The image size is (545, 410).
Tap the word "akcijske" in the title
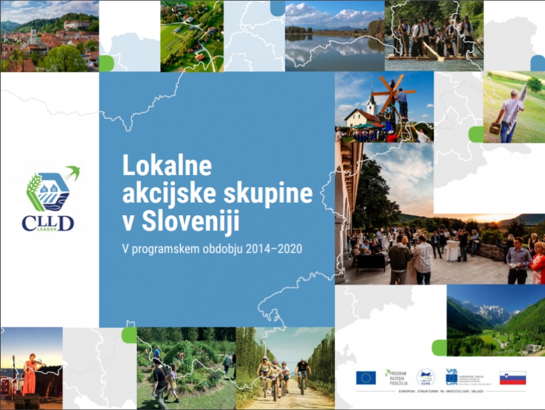[164, 194]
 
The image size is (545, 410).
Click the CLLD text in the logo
[48, 222]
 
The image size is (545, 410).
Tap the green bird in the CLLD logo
[72, 173]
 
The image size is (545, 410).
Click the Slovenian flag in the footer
[513, 378]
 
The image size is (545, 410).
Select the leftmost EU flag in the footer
[365, 378]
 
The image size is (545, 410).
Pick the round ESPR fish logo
[426, 378]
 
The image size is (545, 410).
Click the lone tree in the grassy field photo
[534, 85]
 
